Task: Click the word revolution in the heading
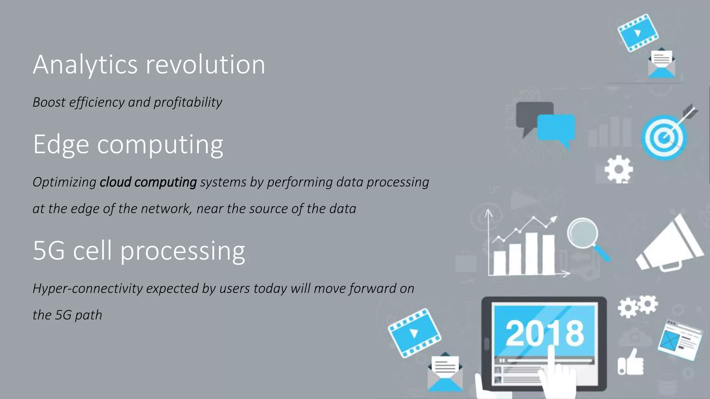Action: [x=205, y=65]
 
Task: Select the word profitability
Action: [x=188, y=102]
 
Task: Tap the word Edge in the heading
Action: [x=61, y=144]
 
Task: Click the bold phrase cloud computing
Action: [x=148, y=182]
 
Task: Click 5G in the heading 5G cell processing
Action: [x=49, y=250]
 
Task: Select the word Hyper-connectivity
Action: [x=87, y=289]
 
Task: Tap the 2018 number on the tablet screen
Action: [x=544, y=333]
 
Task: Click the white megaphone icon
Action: [x=671, y=244]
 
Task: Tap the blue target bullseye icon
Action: [x=664, y=137]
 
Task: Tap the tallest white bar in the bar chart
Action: [x=531, y=254]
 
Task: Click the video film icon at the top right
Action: [x=638, y=33]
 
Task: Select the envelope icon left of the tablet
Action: [x=445, y=372]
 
